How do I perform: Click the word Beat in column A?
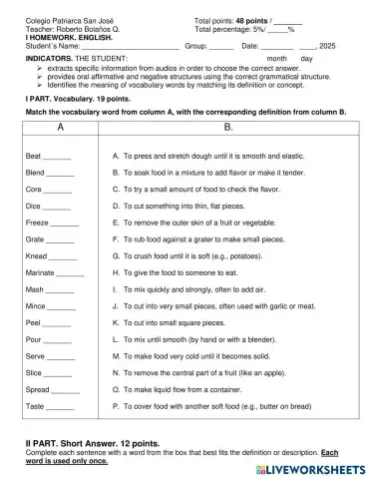[x=33, y=158]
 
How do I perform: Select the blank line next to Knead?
[x=63, y=257]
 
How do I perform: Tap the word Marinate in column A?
[x=40, y=272]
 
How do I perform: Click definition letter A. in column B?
[x=116, y=158]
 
